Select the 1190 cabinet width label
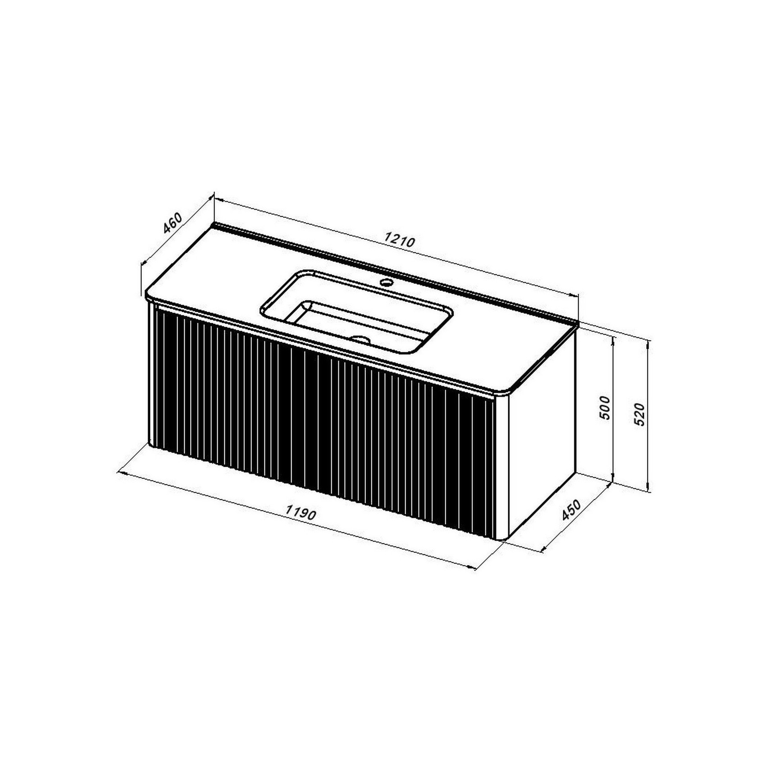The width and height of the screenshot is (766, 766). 301,513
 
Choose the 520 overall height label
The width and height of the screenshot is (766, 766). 640,414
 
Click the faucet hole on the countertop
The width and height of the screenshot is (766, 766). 386,283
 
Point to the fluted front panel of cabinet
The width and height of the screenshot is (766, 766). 322,419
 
